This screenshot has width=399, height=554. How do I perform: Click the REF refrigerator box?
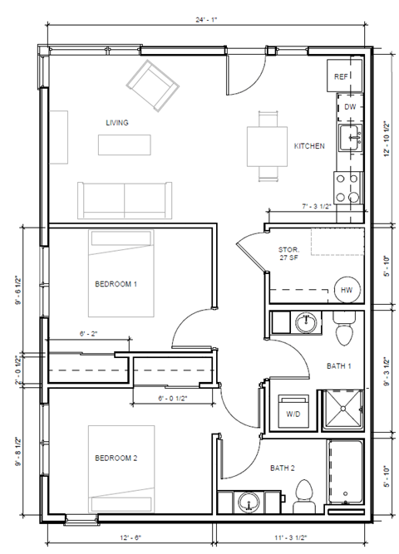point(341,76)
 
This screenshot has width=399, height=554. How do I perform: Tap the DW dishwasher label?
point(350,107)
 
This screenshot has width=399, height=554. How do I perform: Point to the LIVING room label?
point(117,122)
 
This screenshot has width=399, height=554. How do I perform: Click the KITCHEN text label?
point(309,146)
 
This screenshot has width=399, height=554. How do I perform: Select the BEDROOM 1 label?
point(116,284)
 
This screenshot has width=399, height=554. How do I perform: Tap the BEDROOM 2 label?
point(116,458)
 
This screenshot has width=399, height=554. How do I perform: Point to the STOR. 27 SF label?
point(288,253)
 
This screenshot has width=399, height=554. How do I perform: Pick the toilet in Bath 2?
point(304,492)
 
